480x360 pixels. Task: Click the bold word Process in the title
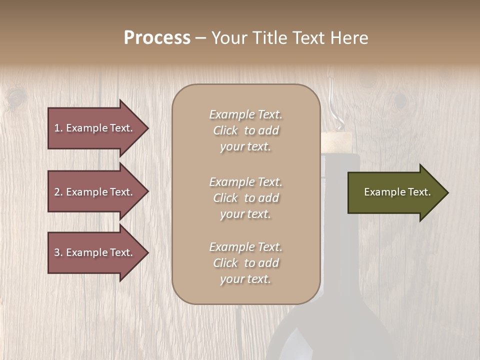click(x=157, y=38)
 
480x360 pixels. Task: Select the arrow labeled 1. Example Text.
click(x=95, y=128)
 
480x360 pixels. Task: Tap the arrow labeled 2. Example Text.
click(x=95, y=192)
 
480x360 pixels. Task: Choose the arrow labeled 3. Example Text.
click(x=95, y=252)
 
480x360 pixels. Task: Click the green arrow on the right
click(x=395, y=192)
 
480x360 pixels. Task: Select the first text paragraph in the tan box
click(x=245, y=130)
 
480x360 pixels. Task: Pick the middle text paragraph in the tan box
click(x=245, y=198)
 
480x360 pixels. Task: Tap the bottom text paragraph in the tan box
click(x=245, y=263)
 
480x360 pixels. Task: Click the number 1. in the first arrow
click(x=58, y=128)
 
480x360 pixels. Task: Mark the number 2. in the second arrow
click(x=58, y=192)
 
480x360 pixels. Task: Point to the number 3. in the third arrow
click(x=58, y=252)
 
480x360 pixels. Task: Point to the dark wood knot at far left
click(x=15, y=95)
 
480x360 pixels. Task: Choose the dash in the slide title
click(x=200, y=38)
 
